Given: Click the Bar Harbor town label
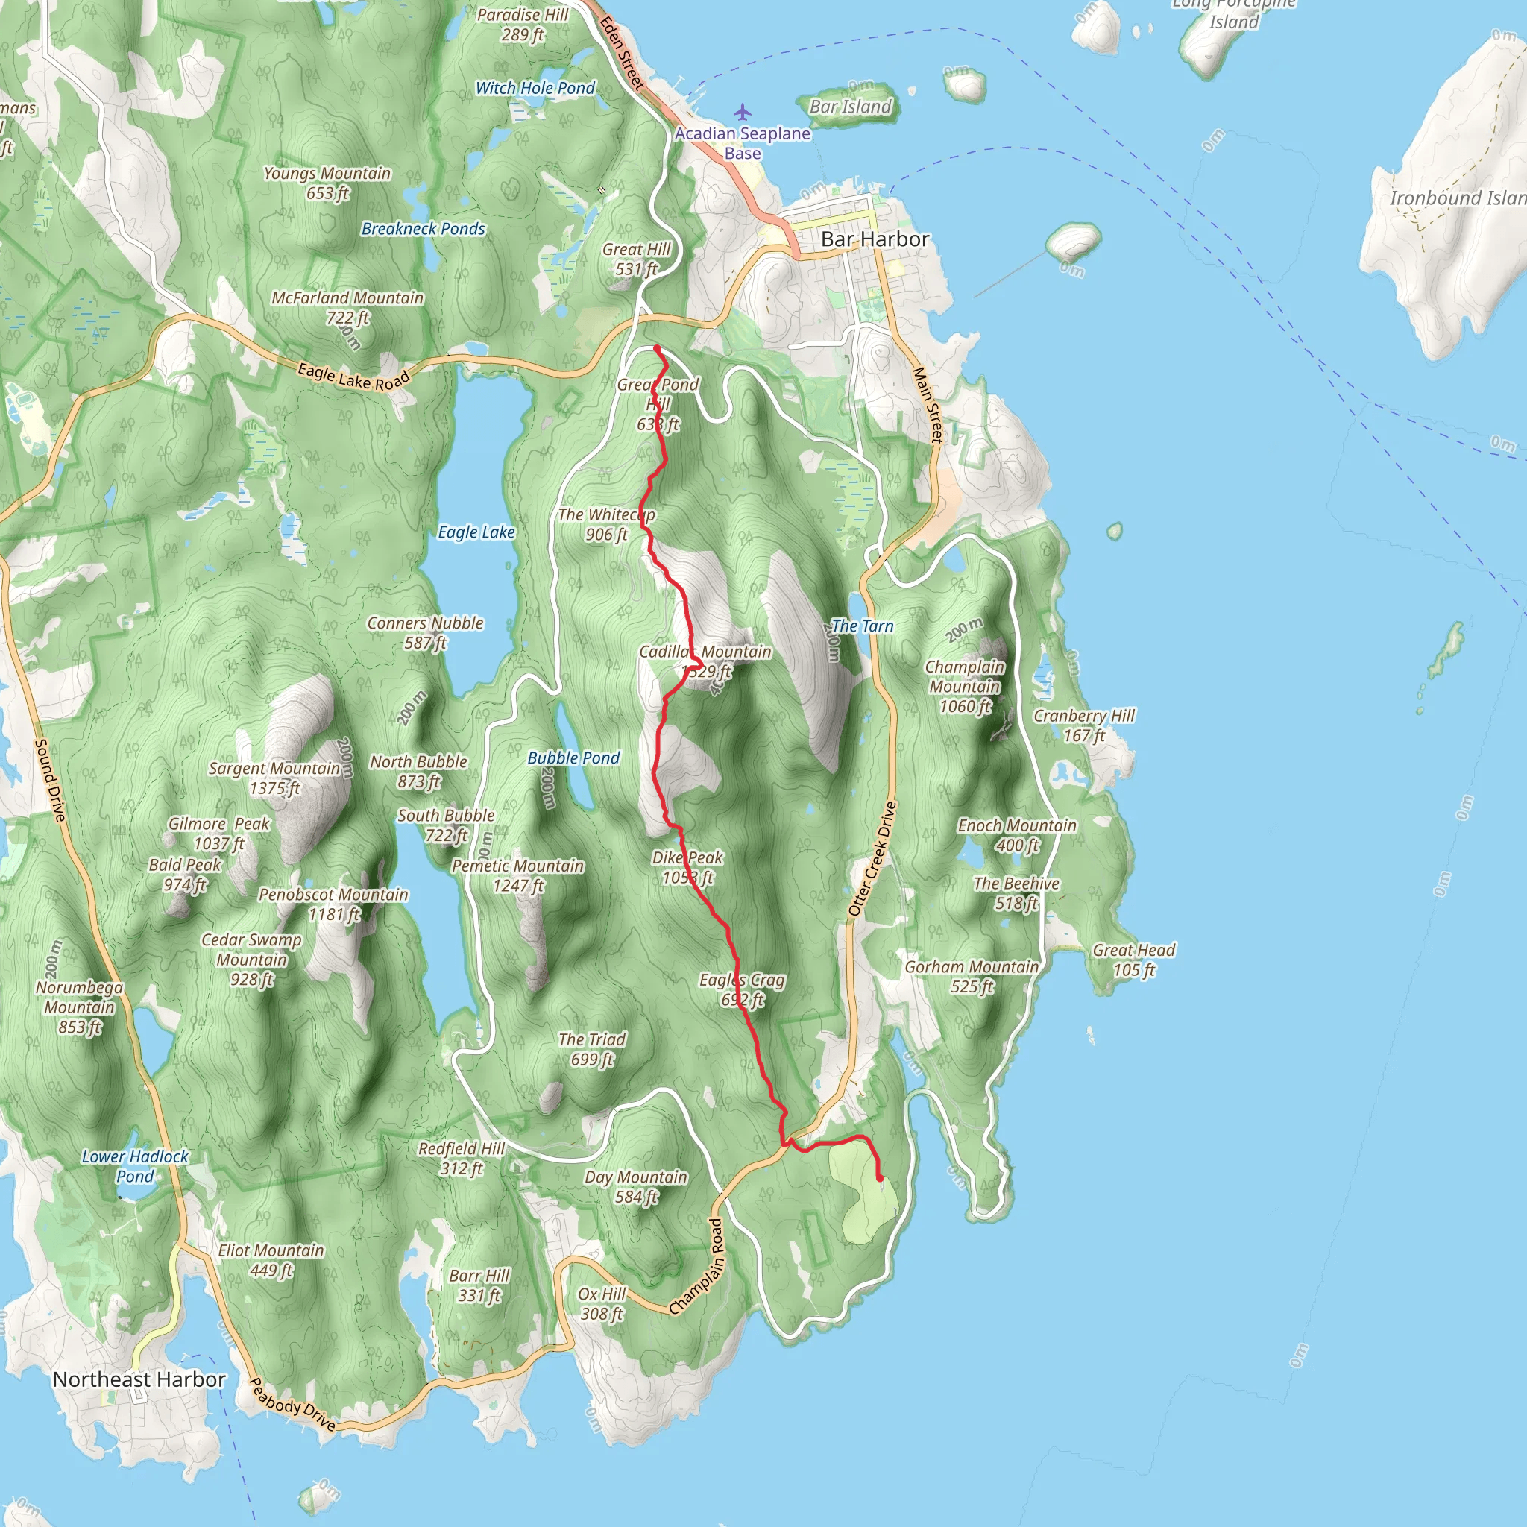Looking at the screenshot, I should click(x=875, y=239).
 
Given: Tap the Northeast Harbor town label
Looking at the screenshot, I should click(x=139, y=1379).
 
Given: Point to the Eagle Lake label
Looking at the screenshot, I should click(x=476, y=532).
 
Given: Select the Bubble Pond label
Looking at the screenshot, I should click(x=573, y=758).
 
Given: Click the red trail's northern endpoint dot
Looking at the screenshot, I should click(x=657, y=347).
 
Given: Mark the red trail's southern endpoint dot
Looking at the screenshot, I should click(x=880, y=1179).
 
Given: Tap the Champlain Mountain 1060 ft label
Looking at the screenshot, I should click(x=964, y=686).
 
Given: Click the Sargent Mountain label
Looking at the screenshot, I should click(x=274, y=778).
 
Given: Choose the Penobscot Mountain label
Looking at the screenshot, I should click(x=333, y=904).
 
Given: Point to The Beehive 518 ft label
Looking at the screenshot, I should click(x=1016, y=893).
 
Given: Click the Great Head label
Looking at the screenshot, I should click(x=1134, y=960).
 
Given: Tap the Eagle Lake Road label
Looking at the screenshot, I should click(x=353, y=377).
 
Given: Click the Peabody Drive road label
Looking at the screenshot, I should click(x=292, y=1404).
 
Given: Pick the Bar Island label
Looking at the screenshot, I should click(x=851, y=106).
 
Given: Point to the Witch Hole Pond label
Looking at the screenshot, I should click(x=535, y=88).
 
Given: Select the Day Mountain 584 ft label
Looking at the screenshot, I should click(x=635, y=1186).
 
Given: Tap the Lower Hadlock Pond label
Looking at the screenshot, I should click(x=135, y=1166).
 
